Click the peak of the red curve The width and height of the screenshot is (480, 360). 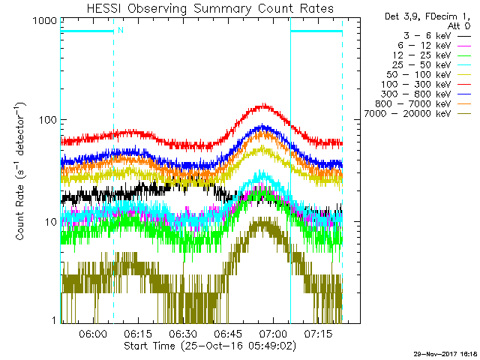click(x=264, y=106)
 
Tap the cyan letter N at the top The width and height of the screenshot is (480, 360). click(x=120, y=30)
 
